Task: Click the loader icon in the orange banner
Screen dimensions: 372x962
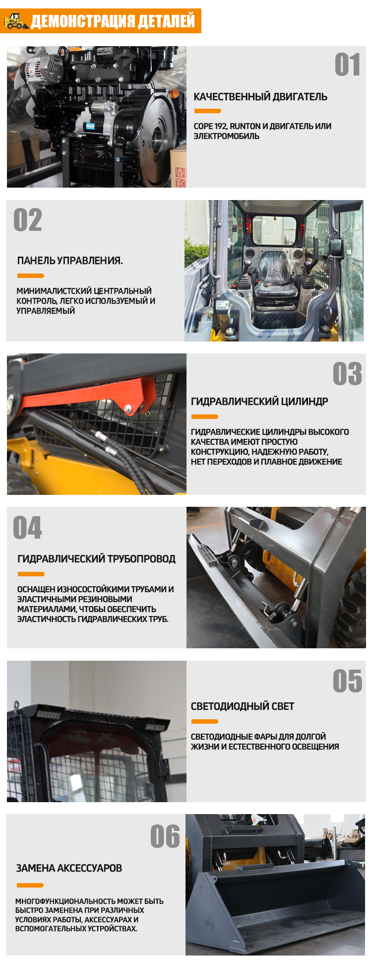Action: point(16,21)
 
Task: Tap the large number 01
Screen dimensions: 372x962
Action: point(347,65)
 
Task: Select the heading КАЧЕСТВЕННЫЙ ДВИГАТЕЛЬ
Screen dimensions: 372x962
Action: point(260,97)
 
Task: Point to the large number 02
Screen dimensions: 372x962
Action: point(28,220)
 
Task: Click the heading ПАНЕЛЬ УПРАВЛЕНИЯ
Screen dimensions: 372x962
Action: point(70,261)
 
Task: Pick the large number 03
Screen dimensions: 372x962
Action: point(347,374)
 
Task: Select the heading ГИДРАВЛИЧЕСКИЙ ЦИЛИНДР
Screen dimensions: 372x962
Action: point(259,401)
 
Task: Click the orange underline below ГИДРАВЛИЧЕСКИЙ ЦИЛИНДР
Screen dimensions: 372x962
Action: point(204,416)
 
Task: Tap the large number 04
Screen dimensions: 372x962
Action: point(28,528)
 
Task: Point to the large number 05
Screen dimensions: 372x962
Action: point(347,681)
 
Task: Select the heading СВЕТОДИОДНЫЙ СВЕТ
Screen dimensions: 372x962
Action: point(243,706)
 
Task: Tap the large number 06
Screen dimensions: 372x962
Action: point(165,836)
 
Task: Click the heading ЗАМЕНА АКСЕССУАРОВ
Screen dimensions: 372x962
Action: point(69,868)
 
